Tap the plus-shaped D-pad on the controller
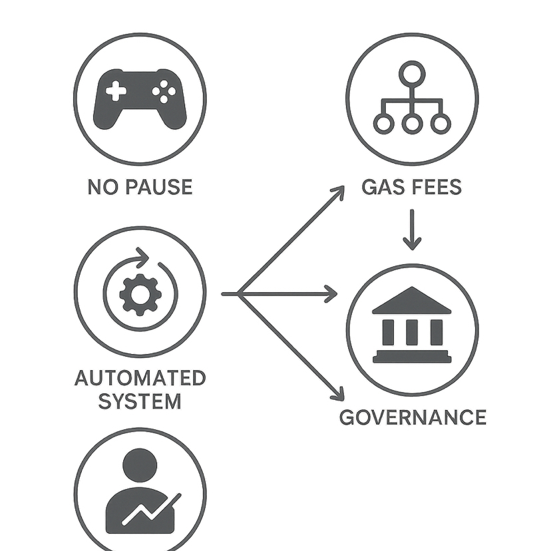pos(116,92)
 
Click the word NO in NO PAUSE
pos(100,187)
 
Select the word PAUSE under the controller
pos(157,187)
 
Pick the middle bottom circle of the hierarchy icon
pos(412,123)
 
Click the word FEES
pos(435,187)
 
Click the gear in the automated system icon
pos(140,293)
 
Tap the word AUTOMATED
pos(140,379)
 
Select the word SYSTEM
pos(140,401)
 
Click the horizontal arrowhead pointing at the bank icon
pos(331,293)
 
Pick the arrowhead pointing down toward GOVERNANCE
pos(338,394)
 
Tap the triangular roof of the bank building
pos(412,301)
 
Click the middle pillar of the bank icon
pos(412,331)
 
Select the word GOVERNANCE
pos(413,417)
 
